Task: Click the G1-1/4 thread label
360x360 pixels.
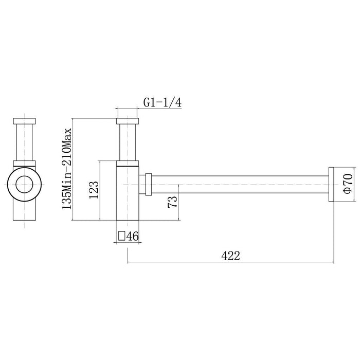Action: coord(163,102)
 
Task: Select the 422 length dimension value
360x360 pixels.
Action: coord(230,256)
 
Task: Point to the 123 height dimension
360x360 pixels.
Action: coord(94,190)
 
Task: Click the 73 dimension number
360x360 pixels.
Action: coord(172,202)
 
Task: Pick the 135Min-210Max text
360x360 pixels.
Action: coord(67,169)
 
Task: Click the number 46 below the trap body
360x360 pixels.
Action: coord(133,236)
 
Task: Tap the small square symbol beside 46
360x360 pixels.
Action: coord(121,236)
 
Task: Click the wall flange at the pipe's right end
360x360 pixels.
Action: coord(331,184)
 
